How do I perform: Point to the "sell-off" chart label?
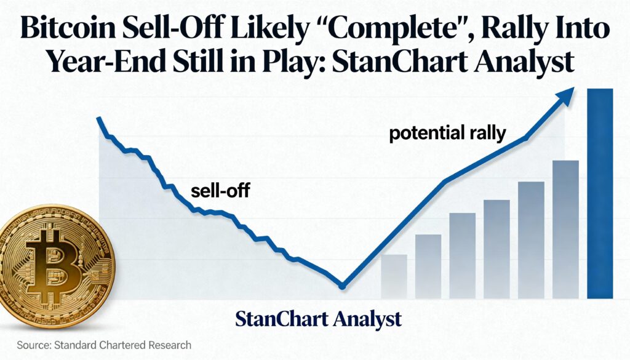(220, 190)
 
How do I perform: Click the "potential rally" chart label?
(447, 134)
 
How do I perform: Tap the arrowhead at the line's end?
(564, 96)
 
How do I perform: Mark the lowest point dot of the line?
(342, 286)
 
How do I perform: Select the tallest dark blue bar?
(600, 194)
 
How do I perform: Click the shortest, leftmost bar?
(394, 277)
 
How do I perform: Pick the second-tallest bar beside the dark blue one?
(565, 230)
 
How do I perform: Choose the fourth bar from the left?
(496, 249)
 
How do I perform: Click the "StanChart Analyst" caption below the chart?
(318, 319)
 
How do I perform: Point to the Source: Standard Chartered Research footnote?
(104, 345)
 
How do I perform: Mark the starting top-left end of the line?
(98, 118)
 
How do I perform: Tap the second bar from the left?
(428, 267)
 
